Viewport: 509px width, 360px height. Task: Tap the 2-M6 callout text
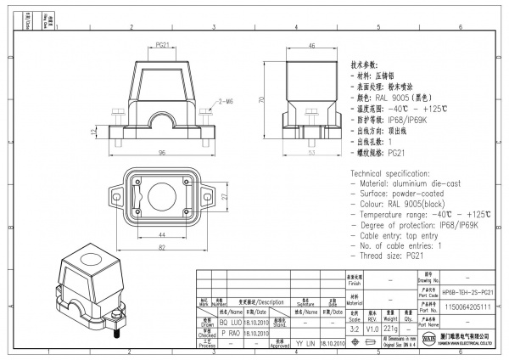226,101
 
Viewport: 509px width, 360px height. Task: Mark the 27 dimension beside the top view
224,195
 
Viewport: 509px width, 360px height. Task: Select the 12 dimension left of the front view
94,131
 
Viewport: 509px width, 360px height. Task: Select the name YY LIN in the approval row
305,345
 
